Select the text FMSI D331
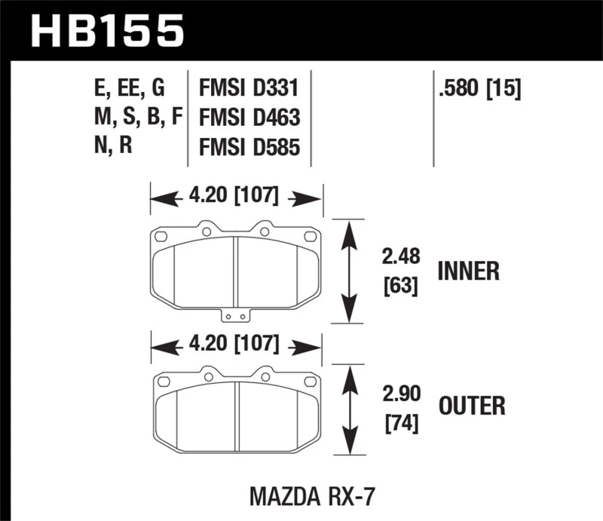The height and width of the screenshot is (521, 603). (249, 90)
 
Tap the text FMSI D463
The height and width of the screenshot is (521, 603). (249, 118)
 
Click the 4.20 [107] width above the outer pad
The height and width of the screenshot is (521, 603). (237, 346)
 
